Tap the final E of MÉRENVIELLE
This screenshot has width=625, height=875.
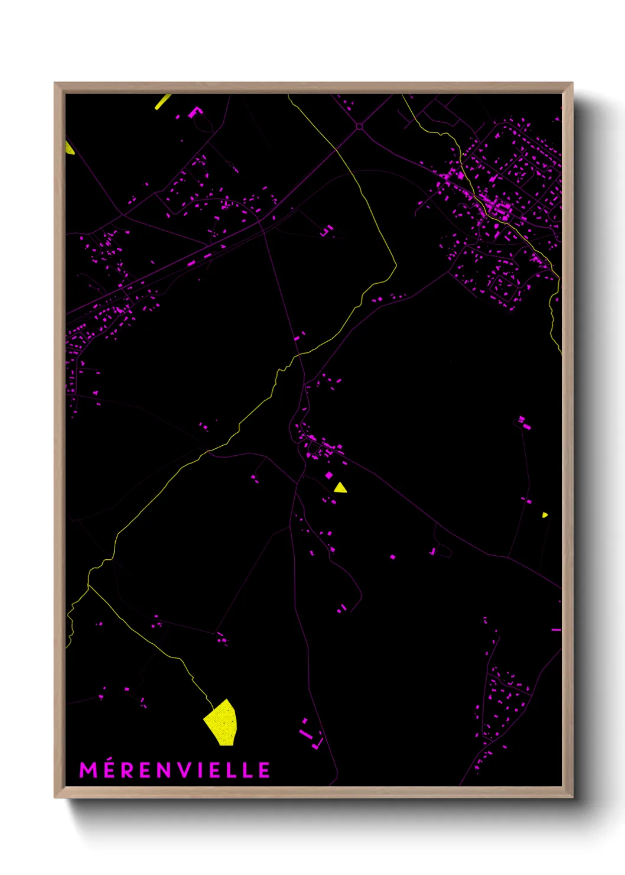pyautogui.click(x=265, y=770)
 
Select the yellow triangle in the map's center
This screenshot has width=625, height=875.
pyautogui.click(x=340, y=488)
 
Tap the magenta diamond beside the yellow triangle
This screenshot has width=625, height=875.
pyautogui.click(x=329, y=475)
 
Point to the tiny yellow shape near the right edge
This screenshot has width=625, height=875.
pyautogui.click(x=545, y=515)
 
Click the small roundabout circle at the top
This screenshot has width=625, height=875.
pyautogui.click(x=359, y=127)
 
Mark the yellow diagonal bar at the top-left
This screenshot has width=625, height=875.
pyautogui.click(x=162, y=102)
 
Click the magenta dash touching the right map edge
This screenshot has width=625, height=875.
pyautogui.click(x=556, y=630)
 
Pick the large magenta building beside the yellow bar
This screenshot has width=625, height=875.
pyautogui.click(x=195, y=111)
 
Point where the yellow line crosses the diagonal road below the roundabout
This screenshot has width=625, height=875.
pyautogui.click(x=337, y=150)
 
